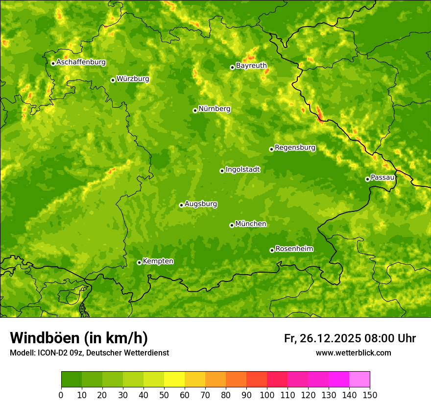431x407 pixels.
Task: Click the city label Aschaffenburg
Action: pos(81,62)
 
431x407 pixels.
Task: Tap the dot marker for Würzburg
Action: pos(113,80)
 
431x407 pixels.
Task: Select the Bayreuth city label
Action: pos(251,65)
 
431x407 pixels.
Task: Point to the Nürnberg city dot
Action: pos(195,110)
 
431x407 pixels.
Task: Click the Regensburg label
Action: pos(295,148)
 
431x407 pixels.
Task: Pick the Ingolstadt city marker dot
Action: pos(222,171)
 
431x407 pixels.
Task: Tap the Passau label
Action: pos(383,178)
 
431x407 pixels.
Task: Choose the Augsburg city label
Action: pos(201,204)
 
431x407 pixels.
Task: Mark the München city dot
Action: pos(232,225)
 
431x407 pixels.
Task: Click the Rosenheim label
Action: pos(294,249)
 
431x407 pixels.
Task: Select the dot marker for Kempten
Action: pos(139,262)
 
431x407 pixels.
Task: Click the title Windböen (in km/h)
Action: pos(78,338)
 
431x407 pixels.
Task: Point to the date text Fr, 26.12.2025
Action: pos(322,338)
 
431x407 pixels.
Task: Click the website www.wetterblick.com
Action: pos(353,353)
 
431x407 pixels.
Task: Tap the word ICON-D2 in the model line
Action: pos(51,353)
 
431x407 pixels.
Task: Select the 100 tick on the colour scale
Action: pos(267,395)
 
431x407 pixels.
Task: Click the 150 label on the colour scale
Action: pos(370,395)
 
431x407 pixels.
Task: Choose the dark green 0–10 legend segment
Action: pos(72,380)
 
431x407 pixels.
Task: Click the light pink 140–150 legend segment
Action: pos(359,380)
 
